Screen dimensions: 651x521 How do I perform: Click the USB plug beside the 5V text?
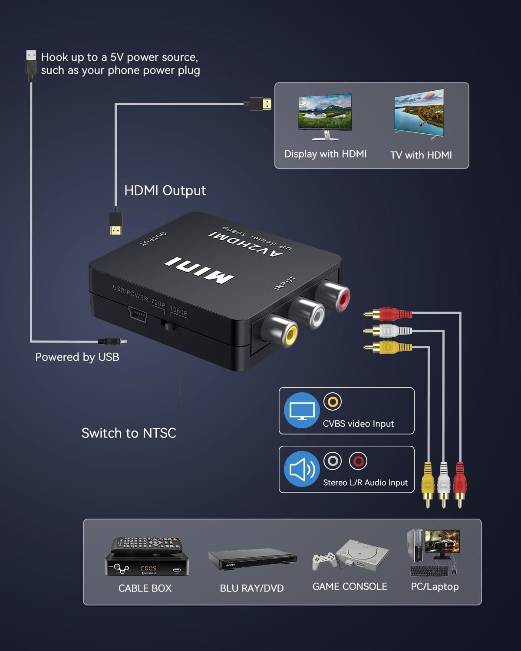pyautogui.click(x=31, y=65)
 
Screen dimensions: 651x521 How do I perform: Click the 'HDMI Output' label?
pyautogui.click(x=165, y=191)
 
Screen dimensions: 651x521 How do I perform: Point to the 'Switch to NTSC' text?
pyautogui.click(x=129, y=433)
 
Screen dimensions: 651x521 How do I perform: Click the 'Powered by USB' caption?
pyautogui.click(x=77, y=357)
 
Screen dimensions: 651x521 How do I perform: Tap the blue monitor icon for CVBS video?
pyautogui.click(x=302, y=411)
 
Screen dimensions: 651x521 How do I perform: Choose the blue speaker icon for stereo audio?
pyautogui.click(x=302, y=469)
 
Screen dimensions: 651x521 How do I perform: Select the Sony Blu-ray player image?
pyautogui.click(x=252, y=560)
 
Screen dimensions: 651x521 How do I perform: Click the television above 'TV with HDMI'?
pyautogui.click(x=419, y=114)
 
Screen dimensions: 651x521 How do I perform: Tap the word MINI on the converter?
pyautogui.click(x=199, y=270)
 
